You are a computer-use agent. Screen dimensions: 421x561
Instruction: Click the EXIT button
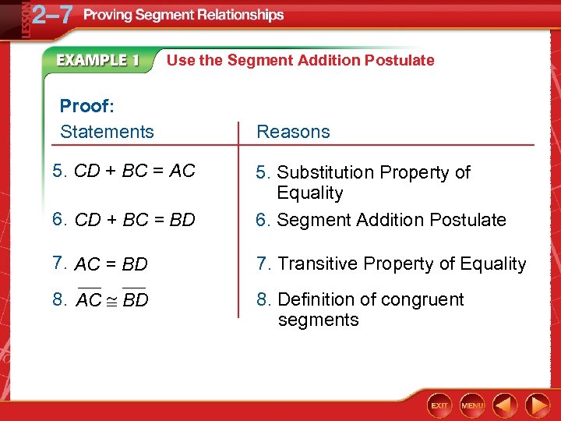[440, 405]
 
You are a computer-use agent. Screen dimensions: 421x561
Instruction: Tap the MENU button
[472, 405]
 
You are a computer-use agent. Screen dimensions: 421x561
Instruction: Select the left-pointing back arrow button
[506, 405]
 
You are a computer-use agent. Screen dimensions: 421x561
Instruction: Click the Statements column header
[107, 132]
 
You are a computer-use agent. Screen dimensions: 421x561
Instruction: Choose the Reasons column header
[293, 132]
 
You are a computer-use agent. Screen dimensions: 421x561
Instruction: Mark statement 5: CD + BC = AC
[124, 171]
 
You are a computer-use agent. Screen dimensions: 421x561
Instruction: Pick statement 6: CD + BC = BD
[124, 220]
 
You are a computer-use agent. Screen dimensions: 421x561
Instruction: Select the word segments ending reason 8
[318, 320]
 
